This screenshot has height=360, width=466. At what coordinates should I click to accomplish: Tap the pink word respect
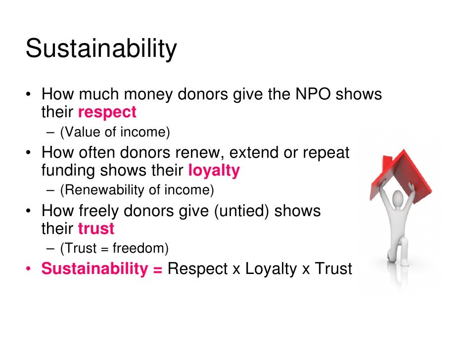[107, 112]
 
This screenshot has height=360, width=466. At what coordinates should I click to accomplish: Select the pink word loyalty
[214, 171]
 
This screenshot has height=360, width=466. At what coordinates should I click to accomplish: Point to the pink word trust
[96, 228]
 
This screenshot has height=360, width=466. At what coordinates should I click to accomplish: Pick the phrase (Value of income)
[114, 132]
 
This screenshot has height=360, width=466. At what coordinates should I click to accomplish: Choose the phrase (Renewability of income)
[137, 190]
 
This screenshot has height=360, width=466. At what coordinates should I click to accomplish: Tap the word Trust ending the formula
[333, 269]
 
